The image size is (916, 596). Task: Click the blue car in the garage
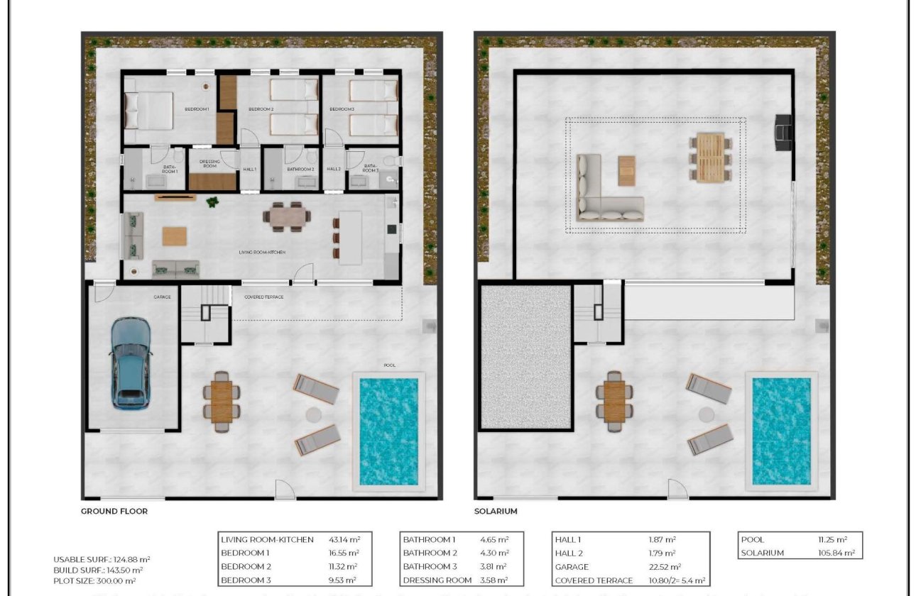tap(131, 363)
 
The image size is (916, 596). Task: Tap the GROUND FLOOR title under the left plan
tap(114, 511)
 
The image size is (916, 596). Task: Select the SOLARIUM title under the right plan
tap(496, 511)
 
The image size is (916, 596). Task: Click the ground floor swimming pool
tap(388, 431)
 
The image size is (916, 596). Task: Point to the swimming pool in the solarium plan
tap(781, 431)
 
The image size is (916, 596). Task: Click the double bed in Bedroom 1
tap(149, 111)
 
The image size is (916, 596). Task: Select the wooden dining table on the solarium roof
tap(710, 157)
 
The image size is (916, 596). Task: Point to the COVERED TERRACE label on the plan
tap(263, 297)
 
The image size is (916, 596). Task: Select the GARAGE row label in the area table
tap(572, 567)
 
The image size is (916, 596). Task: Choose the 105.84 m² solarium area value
tap(837, 553)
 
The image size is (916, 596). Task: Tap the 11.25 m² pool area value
tap(832, 540)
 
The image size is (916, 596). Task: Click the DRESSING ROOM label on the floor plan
tap(209, 164)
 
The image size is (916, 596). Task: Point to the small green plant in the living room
tap(212, 203)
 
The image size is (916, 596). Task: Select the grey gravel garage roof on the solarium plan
tap(525, 356)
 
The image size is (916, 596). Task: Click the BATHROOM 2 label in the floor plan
tap(300, 170)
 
